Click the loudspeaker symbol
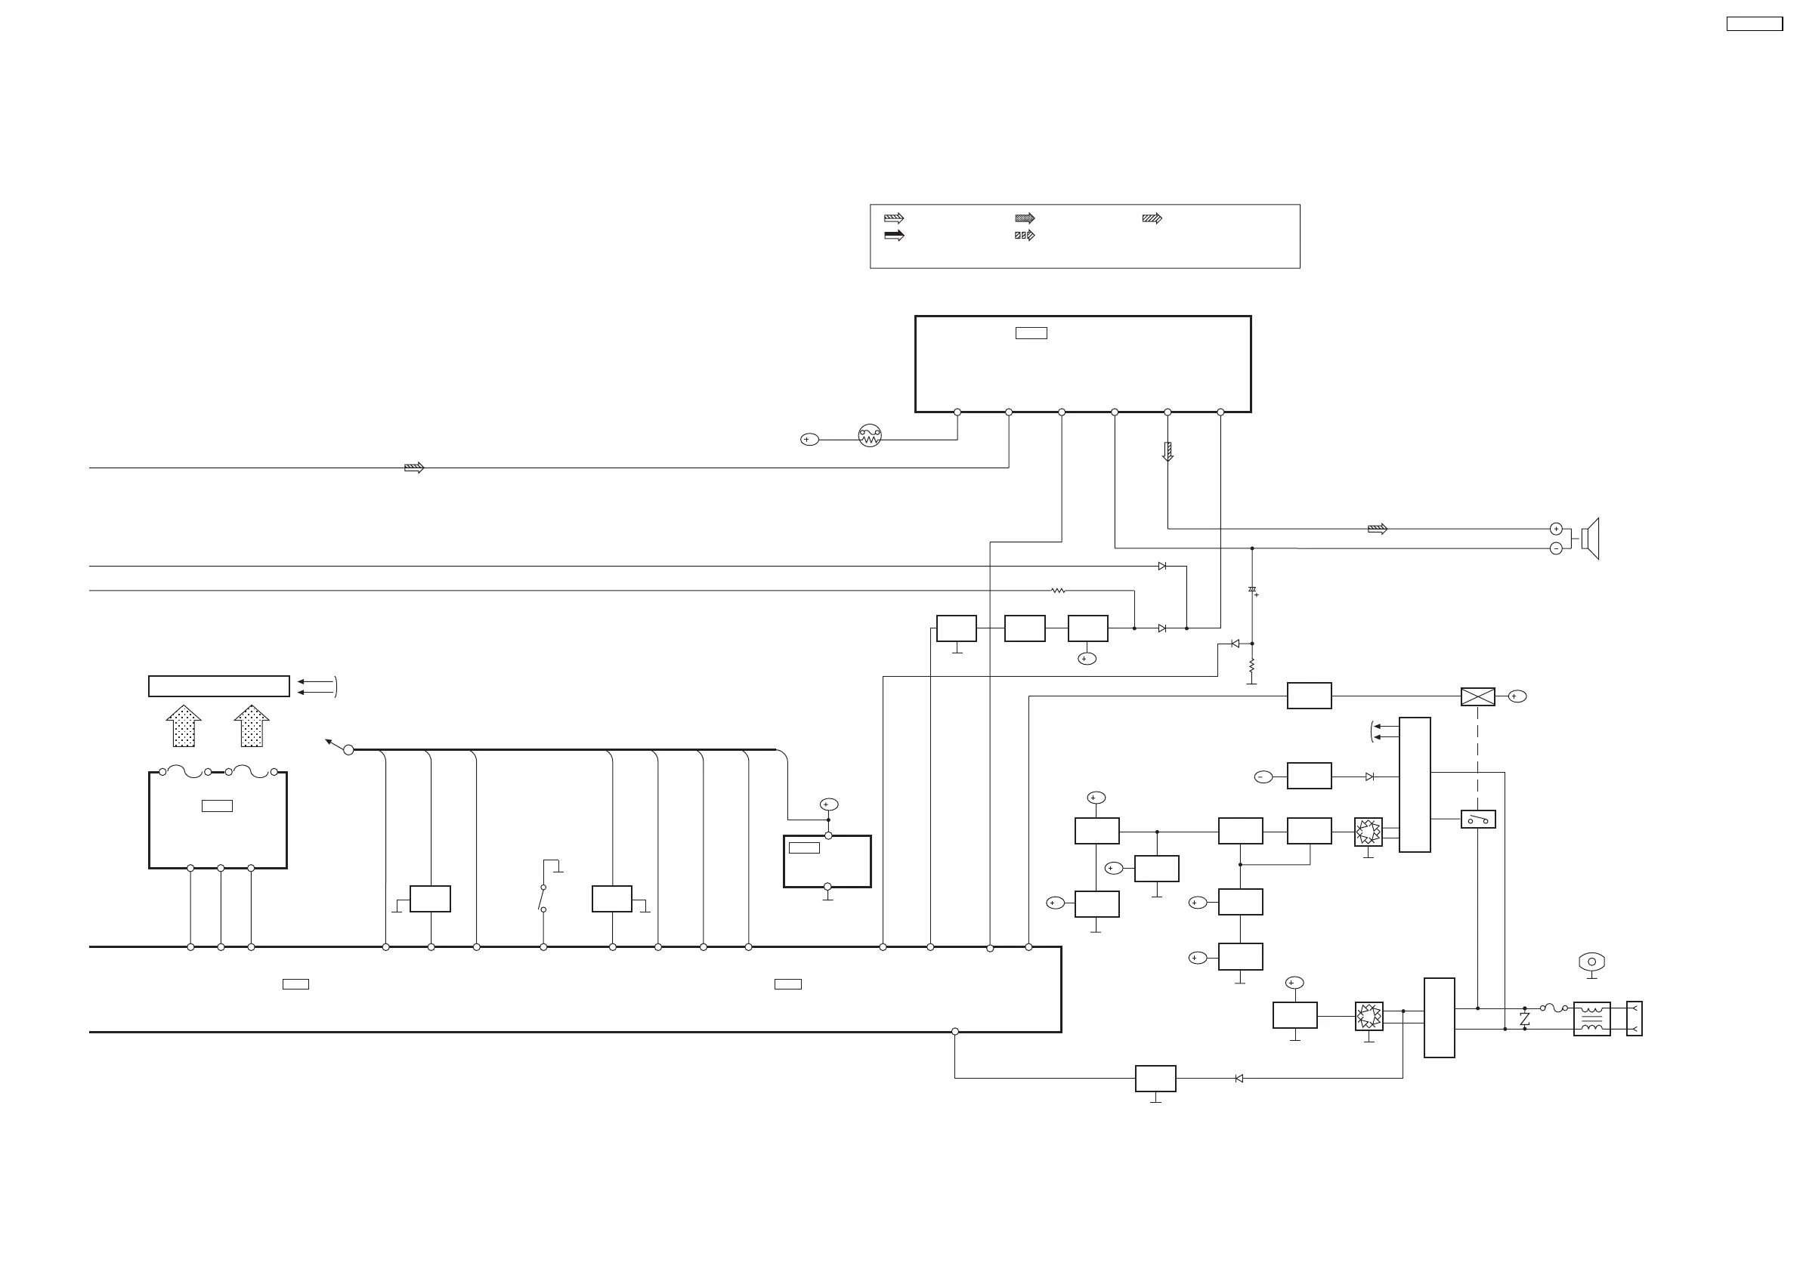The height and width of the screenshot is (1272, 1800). tap(1590, 539)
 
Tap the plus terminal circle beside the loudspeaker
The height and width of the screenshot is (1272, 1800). tap(1556, 529)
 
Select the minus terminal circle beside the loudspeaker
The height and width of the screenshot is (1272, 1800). tap(1556, 548)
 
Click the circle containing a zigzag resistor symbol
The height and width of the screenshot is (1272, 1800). tap(870, 435)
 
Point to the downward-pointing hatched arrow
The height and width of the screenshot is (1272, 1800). tap(1168, 452)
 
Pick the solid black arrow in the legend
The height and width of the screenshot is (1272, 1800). tap(894, 235)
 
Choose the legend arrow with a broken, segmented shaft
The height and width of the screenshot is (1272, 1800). tap(1025, 235)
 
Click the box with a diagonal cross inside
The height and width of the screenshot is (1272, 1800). tap(1478, 696)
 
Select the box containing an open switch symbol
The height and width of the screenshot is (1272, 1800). tap(1478, 820)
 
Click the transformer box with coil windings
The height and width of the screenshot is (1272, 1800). tap(1591, 1019)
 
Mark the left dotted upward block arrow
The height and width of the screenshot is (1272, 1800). tap(184, 726)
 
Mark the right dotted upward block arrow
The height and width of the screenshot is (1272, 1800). tap(252, 726)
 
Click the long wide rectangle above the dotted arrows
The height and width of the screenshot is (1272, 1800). tap(218, 686)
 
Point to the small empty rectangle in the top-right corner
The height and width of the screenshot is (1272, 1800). tap(1755, 24)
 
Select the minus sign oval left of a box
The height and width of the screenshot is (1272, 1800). tap(1263, 776)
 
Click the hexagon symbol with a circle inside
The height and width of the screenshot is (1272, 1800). tap(1591, 962)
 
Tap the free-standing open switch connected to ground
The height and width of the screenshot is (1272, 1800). tap(543, 898)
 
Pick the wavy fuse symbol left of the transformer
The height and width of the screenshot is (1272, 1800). tap(1554, 1008)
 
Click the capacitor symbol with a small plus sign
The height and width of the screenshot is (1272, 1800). tap(1252, 590)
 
